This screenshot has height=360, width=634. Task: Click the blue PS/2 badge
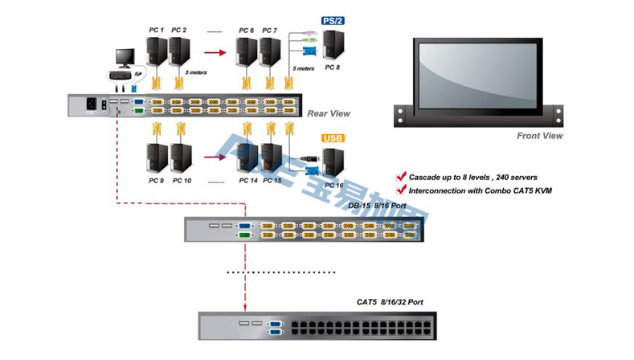tap(333, 21)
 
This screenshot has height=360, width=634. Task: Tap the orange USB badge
tap(333, 139)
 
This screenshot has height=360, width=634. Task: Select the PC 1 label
tap(157, 31)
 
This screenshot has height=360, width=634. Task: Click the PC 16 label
tap(333, 186)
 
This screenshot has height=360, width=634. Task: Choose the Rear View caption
tap(329, 113)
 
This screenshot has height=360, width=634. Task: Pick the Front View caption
tap(539, 136)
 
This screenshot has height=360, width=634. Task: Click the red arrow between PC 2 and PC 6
tap(213, 54)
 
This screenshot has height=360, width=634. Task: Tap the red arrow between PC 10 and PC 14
tap(213, 157)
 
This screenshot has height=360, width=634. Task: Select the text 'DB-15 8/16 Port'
tap(377, 206)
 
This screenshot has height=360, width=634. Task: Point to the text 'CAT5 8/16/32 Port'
tap(390, 302)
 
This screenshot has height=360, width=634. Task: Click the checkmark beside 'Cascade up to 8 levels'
tap(401, 176)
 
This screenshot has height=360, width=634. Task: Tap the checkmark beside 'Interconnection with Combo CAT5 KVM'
tap(401, 190)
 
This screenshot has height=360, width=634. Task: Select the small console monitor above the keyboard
tap(126, 57)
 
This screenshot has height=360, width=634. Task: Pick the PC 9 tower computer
tap(156, 157)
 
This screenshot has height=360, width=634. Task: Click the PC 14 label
tap(248, 181)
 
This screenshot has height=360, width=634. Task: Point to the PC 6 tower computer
tap(247, 52)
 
